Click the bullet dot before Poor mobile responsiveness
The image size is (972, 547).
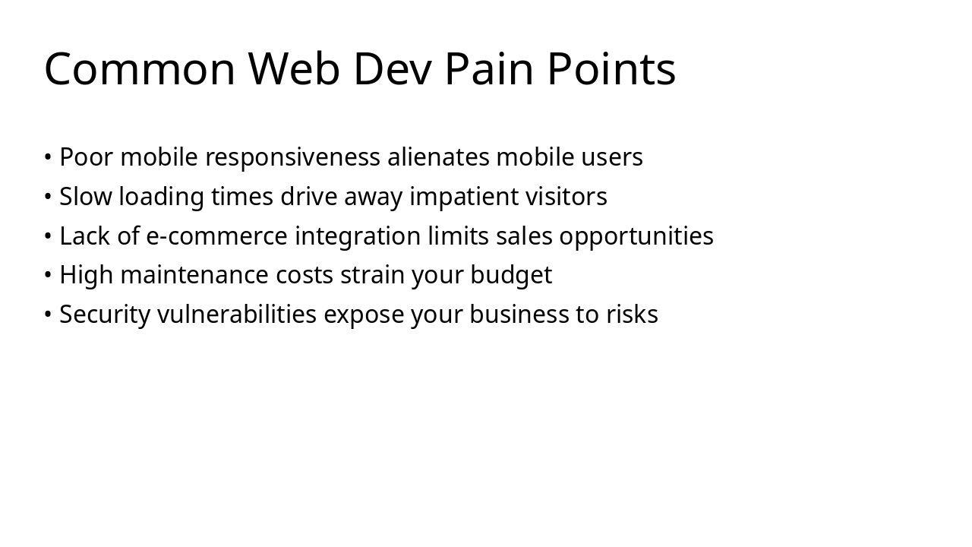click(x=48, y=157)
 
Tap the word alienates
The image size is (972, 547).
click(x=438, y=157)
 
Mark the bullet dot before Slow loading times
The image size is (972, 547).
click(x=48, y=197)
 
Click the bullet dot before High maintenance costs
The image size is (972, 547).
click(x=48, y=275)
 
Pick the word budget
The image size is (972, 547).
click(x=511, y=275)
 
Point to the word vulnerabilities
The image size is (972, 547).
click(x=237, y=315)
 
